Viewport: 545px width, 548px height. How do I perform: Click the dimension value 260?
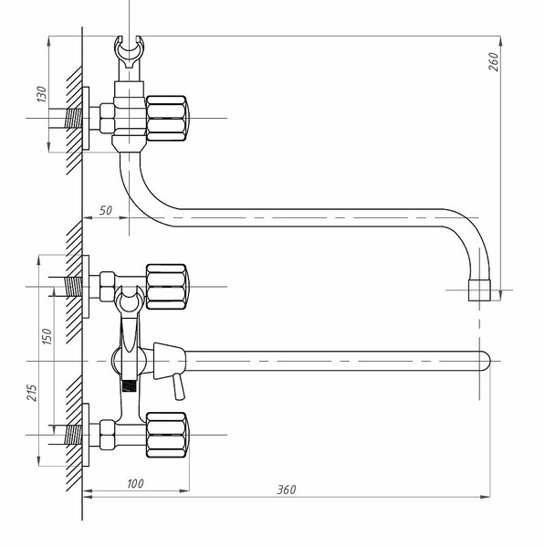tap(493, 62)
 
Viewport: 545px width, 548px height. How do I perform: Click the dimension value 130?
tap(42, 94)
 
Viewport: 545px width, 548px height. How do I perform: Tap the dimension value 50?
tap(106, 210)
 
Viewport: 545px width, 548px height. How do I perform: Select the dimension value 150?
tap(47, 336)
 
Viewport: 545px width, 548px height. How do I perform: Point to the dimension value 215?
tap(32, 393)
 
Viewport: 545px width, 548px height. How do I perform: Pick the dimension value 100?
tap(135, 484)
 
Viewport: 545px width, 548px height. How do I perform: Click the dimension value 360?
tap(287, 490)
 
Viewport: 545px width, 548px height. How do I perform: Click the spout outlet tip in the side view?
tap(479, 290)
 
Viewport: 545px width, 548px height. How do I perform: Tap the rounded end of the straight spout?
tap(486, 361)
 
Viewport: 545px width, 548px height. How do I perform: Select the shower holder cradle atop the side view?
tap(130, 52)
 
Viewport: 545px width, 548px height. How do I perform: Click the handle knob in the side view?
tap(167, 119)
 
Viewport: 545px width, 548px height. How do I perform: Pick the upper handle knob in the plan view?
tap(167, 287)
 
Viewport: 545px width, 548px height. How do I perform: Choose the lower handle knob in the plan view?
tap(167, 435)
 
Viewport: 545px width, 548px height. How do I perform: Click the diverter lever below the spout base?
tap(178, 386)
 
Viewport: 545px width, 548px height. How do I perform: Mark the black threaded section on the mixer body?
tap(129, 385)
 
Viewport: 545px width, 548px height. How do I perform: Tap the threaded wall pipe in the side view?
tap(74, 119)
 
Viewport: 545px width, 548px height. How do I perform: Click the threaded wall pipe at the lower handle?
tap(74, 435)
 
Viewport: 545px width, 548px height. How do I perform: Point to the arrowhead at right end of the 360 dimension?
tap(486, 497)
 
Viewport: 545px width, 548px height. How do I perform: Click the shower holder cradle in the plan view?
tap(130, 300)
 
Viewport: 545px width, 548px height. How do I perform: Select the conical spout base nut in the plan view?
tap(169, 361)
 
